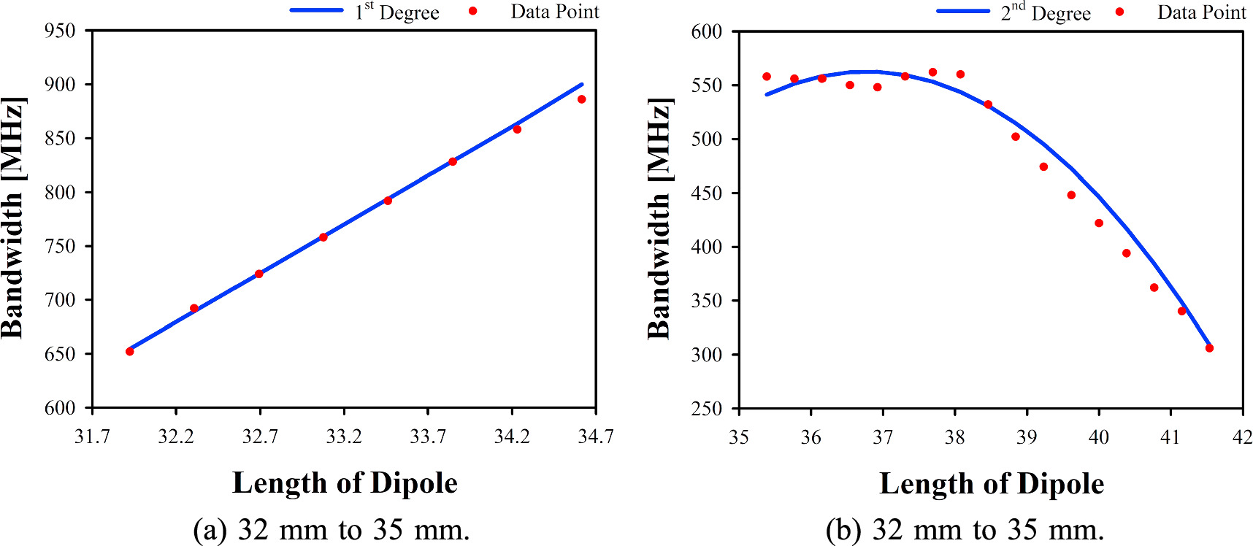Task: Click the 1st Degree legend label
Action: click(397, 12)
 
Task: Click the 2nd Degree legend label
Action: click(1046, 13)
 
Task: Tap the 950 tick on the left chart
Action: click(60, 31)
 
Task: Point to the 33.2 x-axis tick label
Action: click(344, 437)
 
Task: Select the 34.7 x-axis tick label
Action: click(595, 437)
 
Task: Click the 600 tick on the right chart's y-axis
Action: click(706, 31)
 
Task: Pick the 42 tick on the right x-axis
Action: click(1241, 437)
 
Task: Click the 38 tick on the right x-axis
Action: click(954, 437)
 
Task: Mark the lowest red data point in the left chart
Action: click(130, 351)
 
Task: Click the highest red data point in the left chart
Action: click(582, 99)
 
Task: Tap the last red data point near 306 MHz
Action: click(1209, 348)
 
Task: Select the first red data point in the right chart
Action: click(767, 77)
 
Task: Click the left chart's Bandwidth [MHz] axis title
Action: click(13, 218)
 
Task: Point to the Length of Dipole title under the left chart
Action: click(345, 483)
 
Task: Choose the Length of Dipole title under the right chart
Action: click(991, 484)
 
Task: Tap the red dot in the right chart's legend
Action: click(1119, 12)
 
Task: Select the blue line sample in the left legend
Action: click(316, 10)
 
